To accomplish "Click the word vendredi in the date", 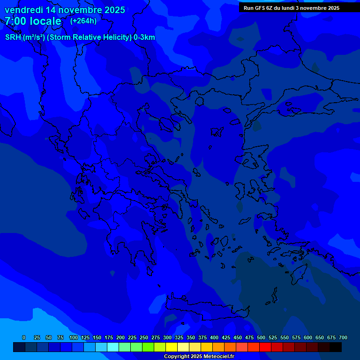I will click(x=24, y=10).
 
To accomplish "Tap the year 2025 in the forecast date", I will click(x=111, y=10).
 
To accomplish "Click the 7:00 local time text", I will click(x=33, y=21).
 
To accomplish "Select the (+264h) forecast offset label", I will click(x=83, y=21).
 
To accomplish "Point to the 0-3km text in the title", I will click(x=144, y=37).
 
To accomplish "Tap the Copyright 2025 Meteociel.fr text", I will click(x=199, y=356).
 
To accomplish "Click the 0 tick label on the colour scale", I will click(x=24, y=337).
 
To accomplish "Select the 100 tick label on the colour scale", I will click(x=74, y=337).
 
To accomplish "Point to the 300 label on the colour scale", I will click(x=167, y=337).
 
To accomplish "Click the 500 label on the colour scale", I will click(x=261, y=337).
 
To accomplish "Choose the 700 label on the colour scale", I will click(x=343, y=337).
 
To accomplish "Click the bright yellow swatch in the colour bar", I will click(x=172, y=347).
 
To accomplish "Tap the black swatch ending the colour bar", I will click(x=336, y=347).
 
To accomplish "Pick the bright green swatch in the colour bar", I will click(x=148, y=347).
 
